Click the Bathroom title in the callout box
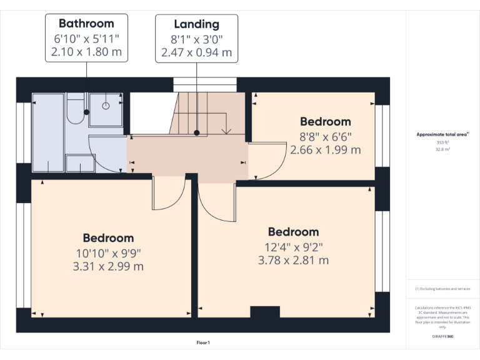point(86,24)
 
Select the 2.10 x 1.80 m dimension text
point(86,52)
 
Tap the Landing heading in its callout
point(196,24)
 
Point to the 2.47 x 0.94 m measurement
point(196,52)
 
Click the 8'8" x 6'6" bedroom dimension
point(325,136)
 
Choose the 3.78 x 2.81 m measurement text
point(293,260)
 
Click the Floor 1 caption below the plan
point(202,342)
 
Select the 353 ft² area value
point(442,142)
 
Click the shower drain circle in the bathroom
point(105,106)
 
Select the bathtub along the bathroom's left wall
point(48,132)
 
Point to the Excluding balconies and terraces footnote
point(442,289)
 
